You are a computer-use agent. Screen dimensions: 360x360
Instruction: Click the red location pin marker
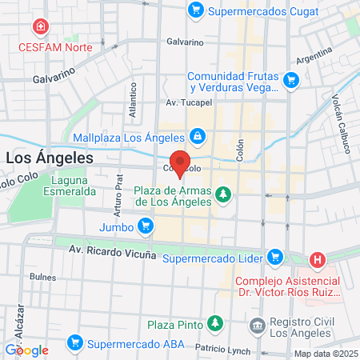click(x=180, y=163)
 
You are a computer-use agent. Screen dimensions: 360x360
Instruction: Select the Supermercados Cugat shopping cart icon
click(x=194, y=10)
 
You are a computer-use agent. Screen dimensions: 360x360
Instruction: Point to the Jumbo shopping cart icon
click(x=145, y=226)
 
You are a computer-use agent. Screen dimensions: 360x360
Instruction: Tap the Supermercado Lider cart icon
click(x=275, y=258)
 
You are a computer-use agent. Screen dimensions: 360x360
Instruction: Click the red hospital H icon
click(x=318, y=260)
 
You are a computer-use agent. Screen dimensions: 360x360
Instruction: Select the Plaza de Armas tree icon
click(x=226, y=194)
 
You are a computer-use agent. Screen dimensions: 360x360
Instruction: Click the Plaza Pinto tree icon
click(x=214, y=323)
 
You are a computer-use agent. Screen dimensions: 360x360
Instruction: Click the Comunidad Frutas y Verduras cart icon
click(x=291, y=79)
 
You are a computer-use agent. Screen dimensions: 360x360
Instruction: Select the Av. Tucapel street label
click(x=187, y=103)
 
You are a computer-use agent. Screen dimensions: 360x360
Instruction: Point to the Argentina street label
click(x=314, y=58)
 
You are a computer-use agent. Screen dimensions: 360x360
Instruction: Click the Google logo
click(x=27, y=350)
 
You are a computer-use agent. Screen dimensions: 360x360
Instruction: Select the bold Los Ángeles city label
click(x=49, y=158)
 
